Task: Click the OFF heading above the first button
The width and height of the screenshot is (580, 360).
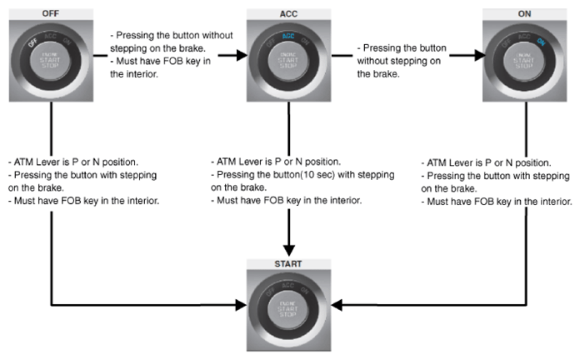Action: pos(50,13)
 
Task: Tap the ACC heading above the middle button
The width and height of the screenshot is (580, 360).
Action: pos(288,14)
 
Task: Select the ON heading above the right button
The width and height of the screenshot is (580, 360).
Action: pos(524,13)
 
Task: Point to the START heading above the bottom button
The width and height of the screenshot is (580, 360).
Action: pos(288,264)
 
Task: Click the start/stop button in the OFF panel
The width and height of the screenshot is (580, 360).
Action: pos(50,60)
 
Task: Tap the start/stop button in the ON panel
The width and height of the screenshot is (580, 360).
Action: pos(524,60)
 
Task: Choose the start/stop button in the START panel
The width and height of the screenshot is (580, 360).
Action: pos(287,309)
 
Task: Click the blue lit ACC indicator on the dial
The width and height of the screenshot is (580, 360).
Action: pos(288,36)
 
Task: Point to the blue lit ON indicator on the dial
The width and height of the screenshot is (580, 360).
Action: pos(541,42)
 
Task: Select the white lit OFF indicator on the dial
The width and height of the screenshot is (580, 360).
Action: pos(33,42)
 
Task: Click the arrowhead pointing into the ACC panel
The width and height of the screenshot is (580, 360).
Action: pos(242,56)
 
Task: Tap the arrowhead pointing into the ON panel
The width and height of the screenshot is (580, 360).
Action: pos(480,56)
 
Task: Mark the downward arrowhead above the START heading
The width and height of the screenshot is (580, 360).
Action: pos(289,251)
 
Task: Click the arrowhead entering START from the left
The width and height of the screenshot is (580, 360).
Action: pos(241,305)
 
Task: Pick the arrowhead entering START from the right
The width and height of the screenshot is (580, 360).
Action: pos(337,305)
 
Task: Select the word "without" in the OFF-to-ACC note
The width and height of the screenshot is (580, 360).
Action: pos(217,35)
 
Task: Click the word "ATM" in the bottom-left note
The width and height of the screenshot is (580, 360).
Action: pos(23,162)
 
